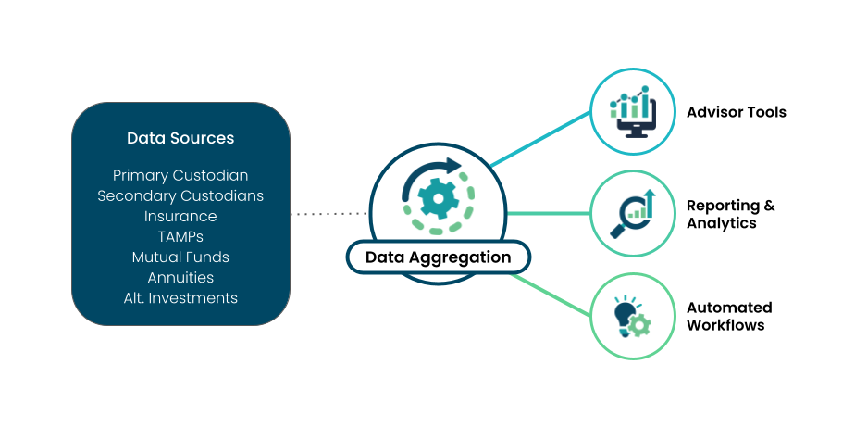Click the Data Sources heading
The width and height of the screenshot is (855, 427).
coord(180,138)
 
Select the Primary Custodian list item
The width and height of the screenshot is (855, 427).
coord(180,175)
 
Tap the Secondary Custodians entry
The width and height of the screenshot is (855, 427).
coord(180,195)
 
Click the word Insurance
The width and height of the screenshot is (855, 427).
coord(180,216)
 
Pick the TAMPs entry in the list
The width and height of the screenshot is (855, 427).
coord(180,236)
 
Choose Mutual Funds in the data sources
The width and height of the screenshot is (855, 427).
coord(180,257)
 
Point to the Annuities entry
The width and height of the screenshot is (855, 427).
coord(180,277)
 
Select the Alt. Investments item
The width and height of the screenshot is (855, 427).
coord(180,297)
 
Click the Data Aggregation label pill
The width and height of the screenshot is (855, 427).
coord(438,257)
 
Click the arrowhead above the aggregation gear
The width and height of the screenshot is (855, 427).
coord(452,167)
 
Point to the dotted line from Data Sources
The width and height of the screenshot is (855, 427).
coord(328,214)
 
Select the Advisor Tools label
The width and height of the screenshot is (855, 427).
coord(736,112)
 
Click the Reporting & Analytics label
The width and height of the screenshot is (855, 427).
coord(730,214)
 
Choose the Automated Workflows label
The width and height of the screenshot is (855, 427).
coord(728,316)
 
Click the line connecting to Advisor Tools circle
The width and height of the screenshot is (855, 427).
coord(541,139)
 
